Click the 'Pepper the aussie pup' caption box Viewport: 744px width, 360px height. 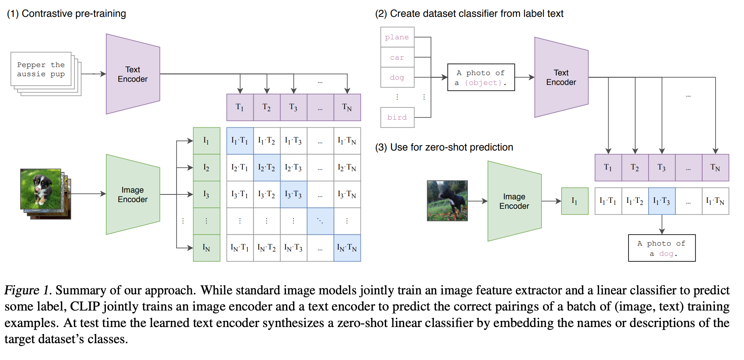pyautogui.click(x=41, y=69)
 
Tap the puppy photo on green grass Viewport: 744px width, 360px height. pyautogui.click(x=41, y=189)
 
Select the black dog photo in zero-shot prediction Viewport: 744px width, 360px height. pyautogui.click(x=447, y=201)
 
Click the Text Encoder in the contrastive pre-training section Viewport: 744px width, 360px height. pyautogui.click(x=133, y=74)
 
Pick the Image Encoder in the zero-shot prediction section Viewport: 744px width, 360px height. pyautogui.click(x=514, y=201)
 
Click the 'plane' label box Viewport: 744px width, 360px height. pyautogui.click(x=397, y=37)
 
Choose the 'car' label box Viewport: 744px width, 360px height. pyautogui.click(x=397, y=58)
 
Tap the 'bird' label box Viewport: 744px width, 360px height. pyautogui.click(x=397, y=118)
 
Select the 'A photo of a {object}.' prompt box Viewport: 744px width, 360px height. pyautogui.click(x=481, y=78)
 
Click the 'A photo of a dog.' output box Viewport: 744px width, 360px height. pyautogui.click(x=662, y=248)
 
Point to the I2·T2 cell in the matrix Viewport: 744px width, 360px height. pyautogui.click(x=267, y=168)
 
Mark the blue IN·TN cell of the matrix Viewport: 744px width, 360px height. pyautogui.click(x=347, y=248)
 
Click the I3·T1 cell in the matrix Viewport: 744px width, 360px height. pyautogui.click(x=240, y=194)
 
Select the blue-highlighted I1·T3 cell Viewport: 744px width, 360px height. pyautogui.click(x=662, y=201)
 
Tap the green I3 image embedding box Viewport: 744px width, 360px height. pyautogui.click(x=206, y=194)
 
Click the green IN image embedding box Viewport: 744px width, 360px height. pyautogui.click(x=206, y=248)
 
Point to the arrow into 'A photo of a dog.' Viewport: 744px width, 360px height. pyautogui.click(x=662, y=225)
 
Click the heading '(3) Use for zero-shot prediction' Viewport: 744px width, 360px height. pyautogui.click(x=444, y=147)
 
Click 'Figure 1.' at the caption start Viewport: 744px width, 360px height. pyautogui.click(x=28, y=291)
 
